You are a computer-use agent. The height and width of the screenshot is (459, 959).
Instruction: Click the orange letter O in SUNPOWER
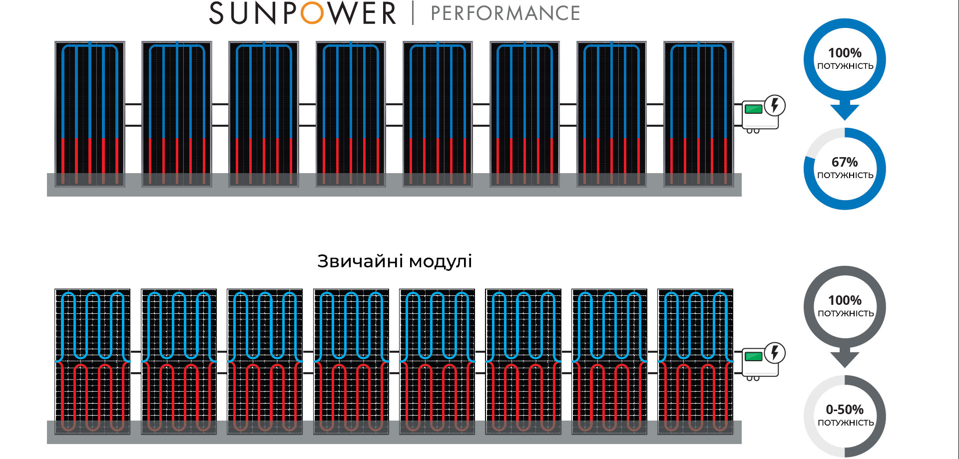tap(313, 13)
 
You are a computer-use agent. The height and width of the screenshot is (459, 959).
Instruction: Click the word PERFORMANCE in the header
tap(505, 13)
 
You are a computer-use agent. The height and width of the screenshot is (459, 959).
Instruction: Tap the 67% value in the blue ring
tap(845, 162)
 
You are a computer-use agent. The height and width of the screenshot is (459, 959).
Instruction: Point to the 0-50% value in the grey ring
tap(845, 410)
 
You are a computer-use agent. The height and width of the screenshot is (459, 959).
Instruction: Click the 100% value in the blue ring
tap(845, 53)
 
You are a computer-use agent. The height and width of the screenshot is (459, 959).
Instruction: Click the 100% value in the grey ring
tap(845, 300)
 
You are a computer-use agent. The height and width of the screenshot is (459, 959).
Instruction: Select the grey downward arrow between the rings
tap(845, 358)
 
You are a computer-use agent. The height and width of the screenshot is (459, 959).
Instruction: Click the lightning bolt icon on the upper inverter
tap(775, 105)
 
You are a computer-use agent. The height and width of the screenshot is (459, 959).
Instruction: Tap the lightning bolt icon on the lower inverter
tap(775, 353)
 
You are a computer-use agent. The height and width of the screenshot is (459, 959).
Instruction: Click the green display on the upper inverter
tap(754, 109)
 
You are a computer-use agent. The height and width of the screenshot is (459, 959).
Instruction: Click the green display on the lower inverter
tap(754, 356)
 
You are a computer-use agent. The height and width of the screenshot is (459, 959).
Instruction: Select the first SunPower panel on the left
tap(90, 114)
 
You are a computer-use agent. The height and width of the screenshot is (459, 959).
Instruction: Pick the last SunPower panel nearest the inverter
tap(699, 114)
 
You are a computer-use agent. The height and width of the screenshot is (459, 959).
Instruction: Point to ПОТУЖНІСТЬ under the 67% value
tap(845, 175)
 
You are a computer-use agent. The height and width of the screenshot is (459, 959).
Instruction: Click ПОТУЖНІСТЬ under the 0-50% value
tap(846, 423)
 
